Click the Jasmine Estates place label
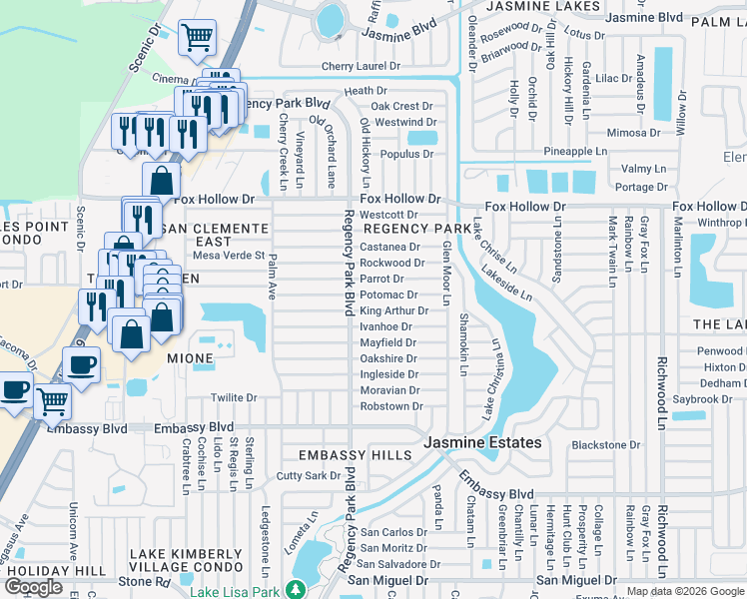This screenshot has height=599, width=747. [482, 442]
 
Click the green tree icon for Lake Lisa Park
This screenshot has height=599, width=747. [295, 590]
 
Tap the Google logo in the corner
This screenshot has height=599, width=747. [34, 587]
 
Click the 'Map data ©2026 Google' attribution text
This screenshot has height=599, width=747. [686, 592]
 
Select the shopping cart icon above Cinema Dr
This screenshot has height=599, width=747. [198, 38]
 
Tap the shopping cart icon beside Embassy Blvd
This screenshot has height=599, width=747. [52, 401]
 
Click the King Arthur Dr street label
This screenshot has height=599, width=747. [393, 310]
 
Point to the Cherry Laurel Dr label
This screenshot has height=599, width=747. [361, 67]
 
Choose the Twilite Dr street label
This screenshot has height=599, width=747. [233, 397]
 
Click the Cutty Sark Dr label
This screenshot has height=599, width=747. [309, 476]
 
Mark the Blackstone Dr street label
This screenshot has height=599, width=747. [605, 445]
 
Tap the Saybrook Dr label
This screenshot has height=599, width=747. [703, 398]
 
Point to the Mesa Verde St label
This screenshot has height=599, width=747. [215, 256]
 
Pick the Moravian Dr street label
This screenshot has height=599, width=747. [389, 390]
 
